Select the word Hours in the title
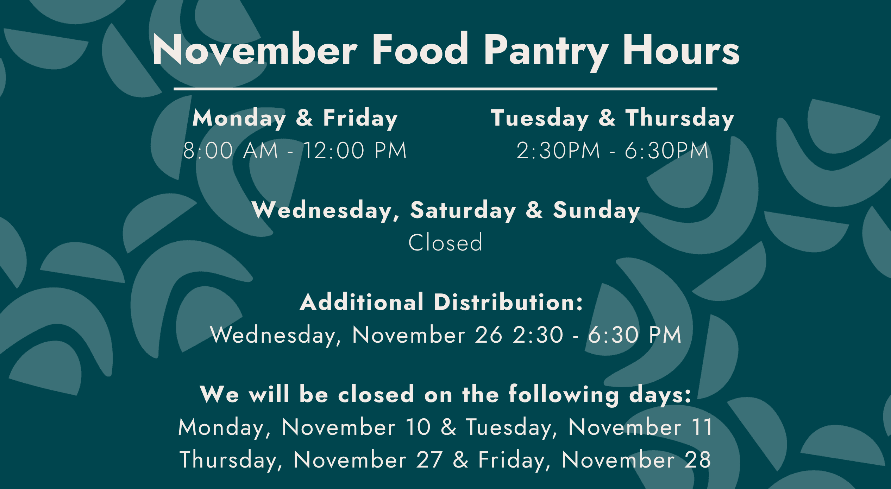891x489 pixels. (x=681, y=50)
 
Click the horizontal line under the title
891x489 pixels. (x=445, y=89)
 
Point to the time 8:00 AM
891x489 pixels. (x=231, y=151)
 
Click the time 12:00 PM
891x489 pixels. (x=355, y=151)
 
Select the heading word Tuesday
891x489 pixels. (x=540, y=119)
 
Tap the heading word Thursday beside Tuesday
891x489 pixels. (x=680, y=119)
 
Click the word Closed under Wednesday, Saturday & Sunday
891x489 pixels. (x=445, y=242)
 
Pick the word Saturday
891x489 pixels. (x=463, y=211)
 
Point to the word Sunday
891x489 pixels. (x=597, y=211)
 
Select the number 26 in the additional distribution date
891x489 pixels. (x=489, y=335)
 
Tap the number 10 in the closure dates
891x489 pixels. (x=418, y=427)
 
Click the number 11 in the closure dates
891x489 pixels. (x=702, y=427)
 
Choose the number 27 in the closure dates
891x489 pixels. (x=429, y=459)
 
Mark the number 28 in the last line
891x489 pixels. (x=697, y=459)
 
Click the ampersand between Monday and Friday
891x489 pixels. (x=305, y=118)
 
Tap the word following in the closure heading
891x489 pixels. (x=564, y=395)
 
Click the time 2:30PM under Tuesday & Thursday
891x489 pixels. (x=558, y=151)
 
